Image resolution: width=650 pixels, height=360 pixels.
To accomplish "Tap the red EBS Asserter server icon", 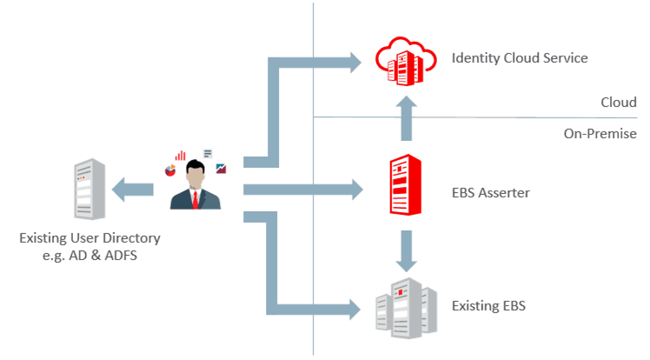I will click(403, 185).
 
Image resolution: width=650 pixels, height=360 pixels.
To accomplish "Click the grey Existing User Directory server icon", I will click(90, 190).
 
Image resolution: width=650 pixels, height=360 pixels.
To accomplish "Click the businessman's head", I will click(196, 173).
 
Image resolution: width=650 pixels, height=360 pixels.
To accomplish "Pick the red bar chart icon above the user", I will click(180, 156).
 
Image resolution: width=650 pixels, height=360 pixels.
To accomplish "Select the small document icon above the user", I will click(208, 154).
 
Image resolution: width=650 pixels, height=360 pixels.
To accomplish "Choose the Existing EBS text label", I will click(489, 306).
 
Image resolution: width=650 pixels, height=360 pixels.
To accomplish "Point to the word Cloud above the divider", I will click(619, 103).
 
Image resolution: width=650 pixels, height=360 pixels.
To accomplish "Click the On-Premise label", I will click(600, 134).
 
